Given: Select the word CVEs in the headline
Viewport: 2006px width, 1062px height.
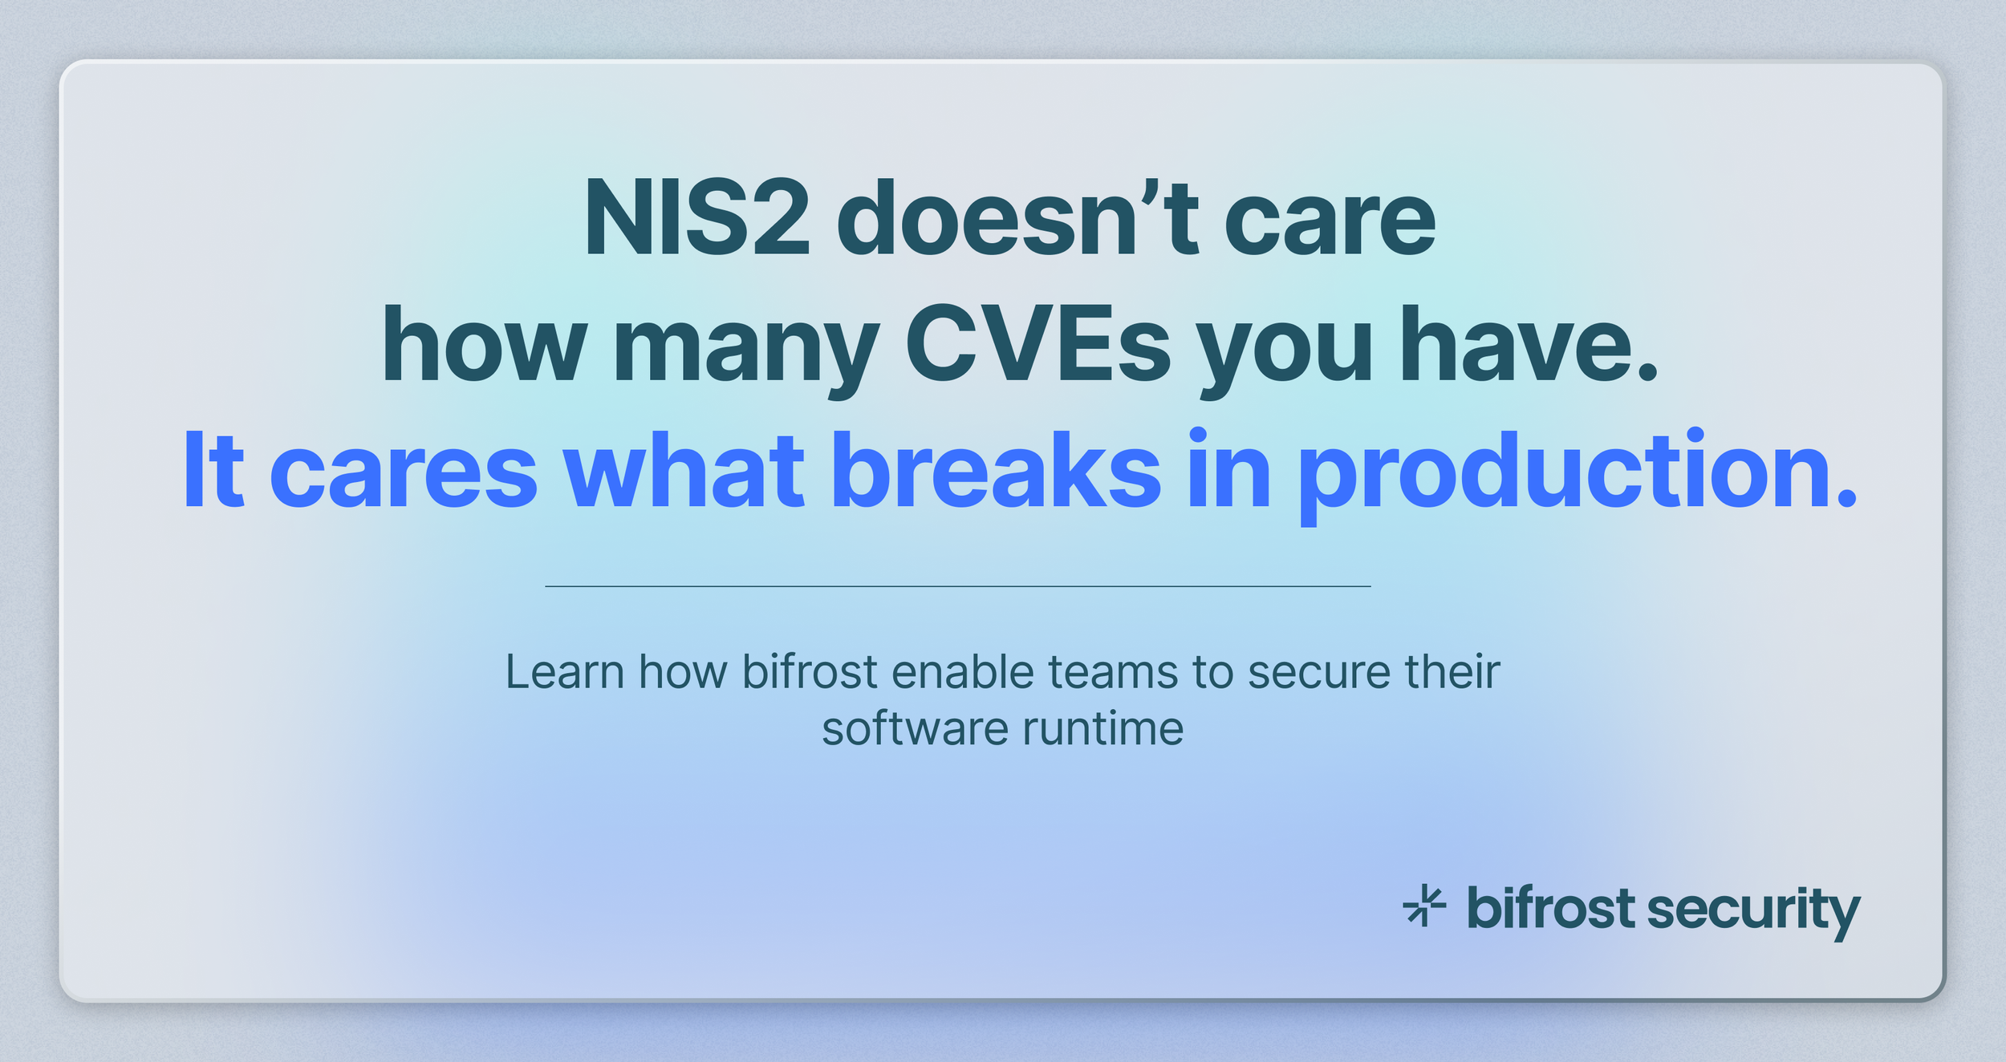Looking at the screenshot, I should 1038,345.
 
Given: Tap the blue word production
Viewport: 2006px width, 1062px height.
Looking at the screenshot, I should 1576,473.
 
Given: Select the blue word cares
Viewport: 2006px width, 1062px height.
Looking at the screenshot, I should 403,473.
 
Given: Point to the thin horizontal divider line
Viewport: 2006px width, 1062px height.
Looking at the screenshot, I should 957,586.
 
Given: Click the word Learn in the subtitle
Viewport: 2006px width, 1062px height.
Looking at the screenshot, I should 564,672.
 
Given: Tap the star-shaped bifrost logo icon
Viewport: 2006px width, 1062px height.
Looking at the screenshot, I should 1424,906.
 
